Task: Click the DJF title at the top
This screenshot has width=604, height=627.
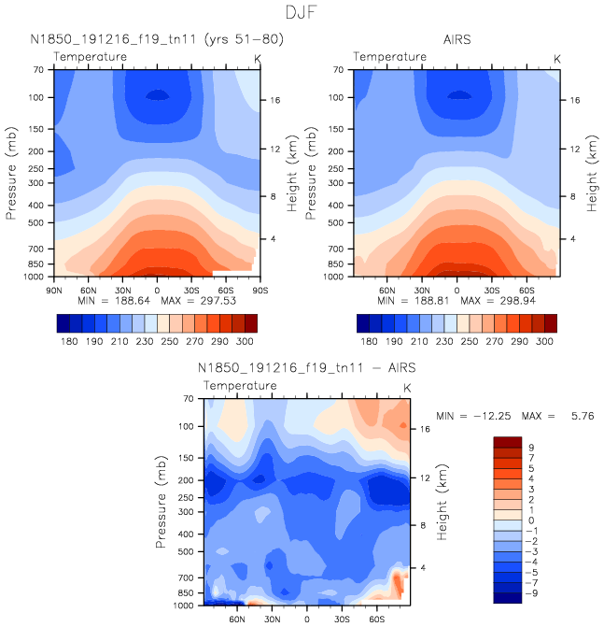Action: (x=302, y=13)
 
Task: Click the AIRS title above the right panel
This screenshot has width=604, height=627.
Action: (x=457, y=39)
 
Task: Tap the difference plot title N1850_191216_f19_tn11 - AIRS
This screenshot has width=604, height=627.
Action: (x=307, y=367)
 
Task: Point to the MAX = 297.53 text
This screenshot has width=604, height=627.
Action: (x=201, y=302)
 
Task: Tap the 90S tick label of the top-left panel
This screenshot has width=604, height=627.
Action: (x=257, y=288)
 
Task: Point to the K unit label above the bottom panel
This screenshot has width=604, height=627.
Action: (x=407, y=387)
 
